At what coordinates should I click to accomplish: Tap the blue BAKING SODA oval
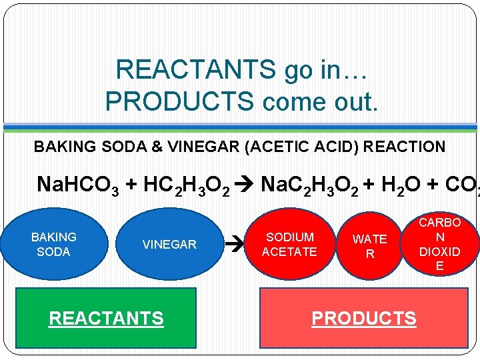(x=53, y=244)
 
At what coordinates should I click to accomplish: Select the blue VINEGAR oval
(x=169, y=245)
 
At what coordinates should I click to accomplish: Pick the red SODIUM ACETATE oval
(x=289, y=245)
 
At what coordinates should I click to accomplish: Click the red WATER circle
(x=369, y=246)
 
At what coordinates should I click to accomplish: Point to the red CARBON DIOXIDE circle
(x=439, y=244)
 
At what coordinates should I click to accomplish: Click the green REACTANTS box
(x=106, y=318)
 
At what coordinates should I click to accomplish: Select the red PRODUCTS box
(x=363, y=318)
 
